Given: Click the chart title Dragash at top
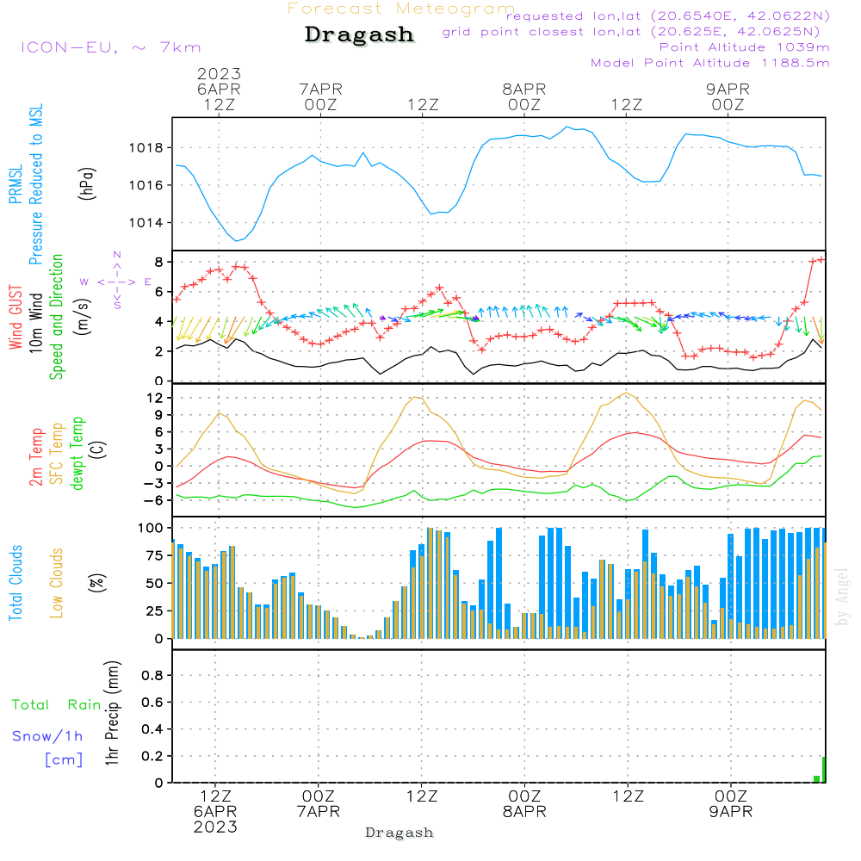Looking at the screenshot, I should click(359, 35).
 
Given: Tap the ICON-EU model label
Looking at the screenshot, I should click(110, 47).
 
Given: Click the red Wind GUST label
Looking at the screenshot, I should click(16, 318).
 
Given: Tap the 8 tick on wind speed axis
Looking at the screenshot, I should click(159, 262).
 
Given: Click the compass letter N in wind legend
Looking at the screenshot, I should click(117, 255).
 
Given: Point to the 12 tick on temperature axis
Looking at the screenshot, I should click(156, 398).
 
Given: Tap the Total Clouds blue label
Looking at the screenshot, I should click(16, 583).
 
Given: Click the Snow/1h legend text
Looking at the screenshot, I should click(48, 736).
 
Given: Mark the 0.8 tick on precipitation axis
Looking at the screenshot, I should click(152, 676).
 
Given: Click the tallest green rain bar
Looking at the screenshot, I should click(823, 770).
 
